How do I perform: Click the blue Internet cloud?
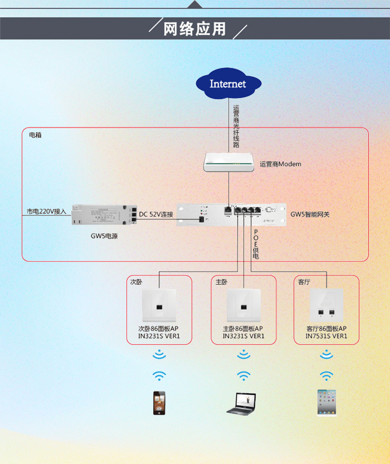[228, 84]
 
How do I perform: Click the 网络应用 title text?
[194, 29]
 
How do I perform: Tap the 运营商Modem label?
[280, 164]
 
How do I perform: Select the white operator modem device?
[229, 162]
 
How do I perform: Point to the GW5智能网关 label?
[310, 214]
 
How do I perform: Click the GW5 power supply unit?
[104, 215]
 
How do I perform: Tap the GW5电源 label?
[104, 236]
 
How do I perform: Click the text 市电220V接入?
[46, 211]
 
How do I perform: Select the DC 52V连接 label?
[156, 214]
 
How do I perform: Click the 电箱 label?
[35, 135]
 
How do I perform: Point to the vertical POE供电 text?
[256, 244]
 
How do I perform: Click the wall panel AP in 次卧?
[159, 305]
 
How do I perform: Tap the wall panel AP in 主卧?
[244, 305]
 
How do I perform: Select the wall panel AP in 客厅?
[326, 305]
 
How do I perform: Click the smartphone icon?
[159, 403]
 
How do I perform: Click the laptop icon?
[241, 404]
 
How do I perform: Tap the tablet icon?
[326, 403]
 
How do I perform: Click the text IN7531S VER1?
[326, 336]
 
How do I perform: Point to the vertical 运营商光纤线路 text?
[236, 126]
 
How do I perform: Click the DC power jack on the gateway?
[202, 219]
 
